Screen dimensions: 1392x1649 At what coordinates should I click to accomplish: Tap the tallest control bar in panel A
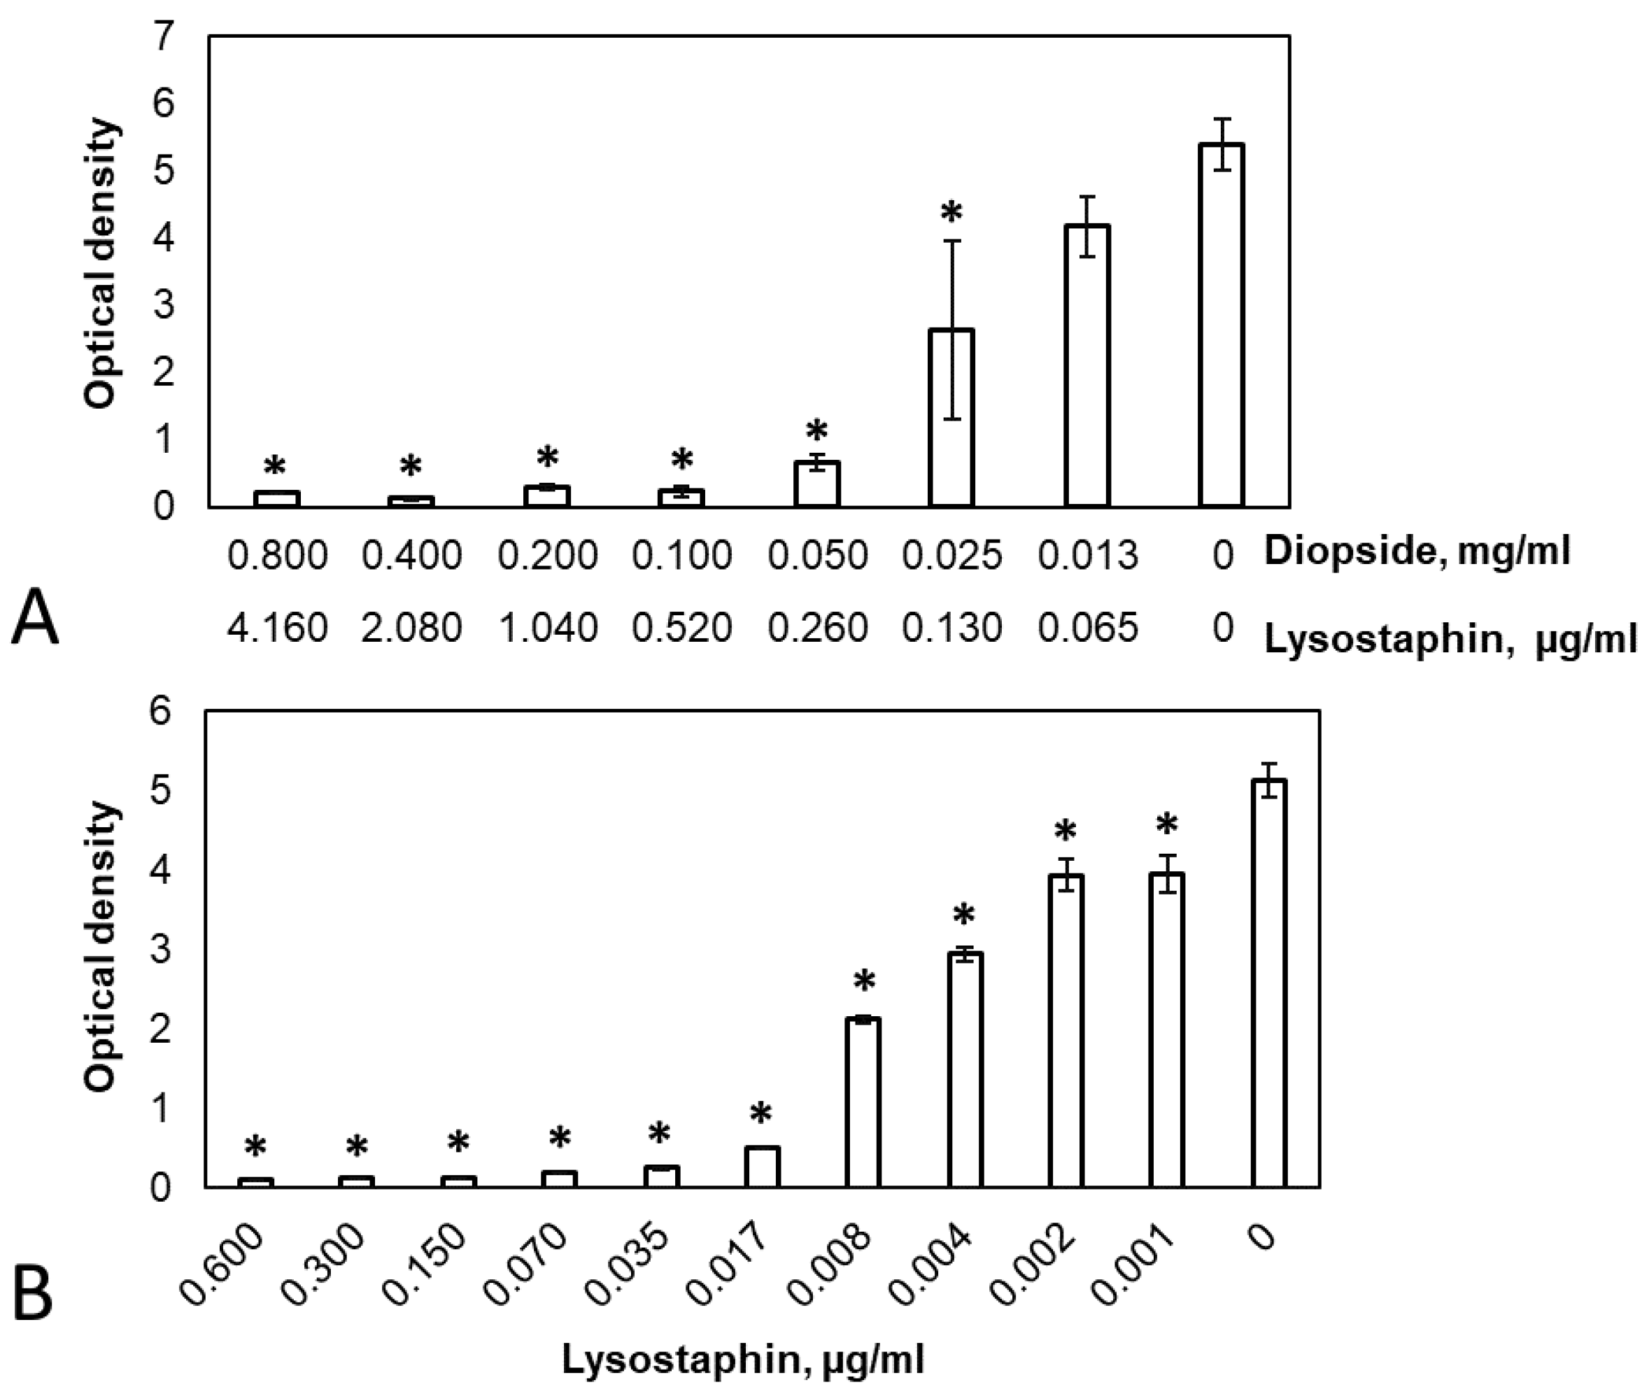[x=1222, y=324]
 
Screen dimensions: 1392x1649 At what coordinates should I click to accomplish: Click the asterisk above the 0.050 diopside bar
[x=816, y=432]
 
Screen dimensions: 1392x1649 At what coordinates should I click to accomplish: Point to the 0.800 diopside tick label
[x=277, y=556]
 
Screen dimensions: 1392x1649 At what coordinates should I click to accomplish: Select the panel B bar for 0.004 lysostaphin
[x=964, y=1070]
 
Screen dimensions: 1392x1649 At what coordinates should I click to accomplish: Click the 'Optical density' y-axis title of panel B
[x=103, y=947]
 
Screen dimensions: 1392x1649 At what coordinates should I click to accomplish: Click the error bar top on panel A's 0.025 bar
[x=951, y=240]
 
